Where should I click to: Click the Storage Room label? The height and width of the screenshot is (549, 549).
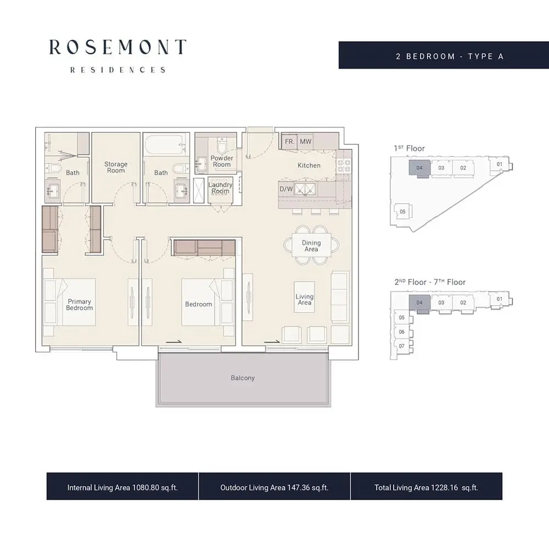click(116, 167)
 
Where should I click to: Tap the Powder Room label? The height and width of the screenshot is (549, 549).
click(222, 161)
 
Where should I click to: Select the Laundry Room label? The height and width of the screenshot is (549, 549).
click(220, 188)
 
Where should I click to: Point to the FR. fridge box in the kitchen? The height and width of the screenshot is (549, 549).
click(289, 142)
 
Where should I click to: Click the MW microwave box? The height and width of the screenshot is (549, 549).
click(305, 142)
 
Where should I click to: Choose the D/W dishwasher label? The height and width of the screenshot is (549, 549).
click(286, 189)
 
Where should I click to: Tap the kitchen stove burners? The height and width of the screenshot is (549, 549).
click(344, 166)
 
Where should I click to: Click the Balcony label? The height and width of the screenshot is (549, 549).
click(243, 378)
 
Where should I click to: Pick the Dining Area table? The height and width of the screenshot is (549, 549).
click(311, 245)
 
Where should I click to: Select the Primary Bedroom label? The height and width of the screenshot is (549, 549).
click(80, 305)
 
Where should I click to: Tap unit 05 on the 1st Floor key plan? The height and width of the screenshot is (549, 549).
click(402, 211)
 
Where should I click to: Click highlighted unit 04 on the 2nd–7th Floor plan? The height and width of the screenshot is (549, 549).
click(419, 302)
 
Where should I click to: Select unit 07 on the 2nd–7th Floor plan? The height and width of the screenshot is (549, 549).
click(402, 346)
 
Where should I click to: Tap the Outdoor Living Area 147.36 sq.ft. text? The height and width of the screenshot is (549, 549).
click(274, 488)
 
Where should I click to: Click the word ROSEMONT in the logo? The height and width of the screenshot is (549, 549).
click(117, 47)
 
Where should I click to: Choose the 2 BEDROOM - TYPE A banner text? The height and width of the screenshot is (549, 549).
click(450, 57)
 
